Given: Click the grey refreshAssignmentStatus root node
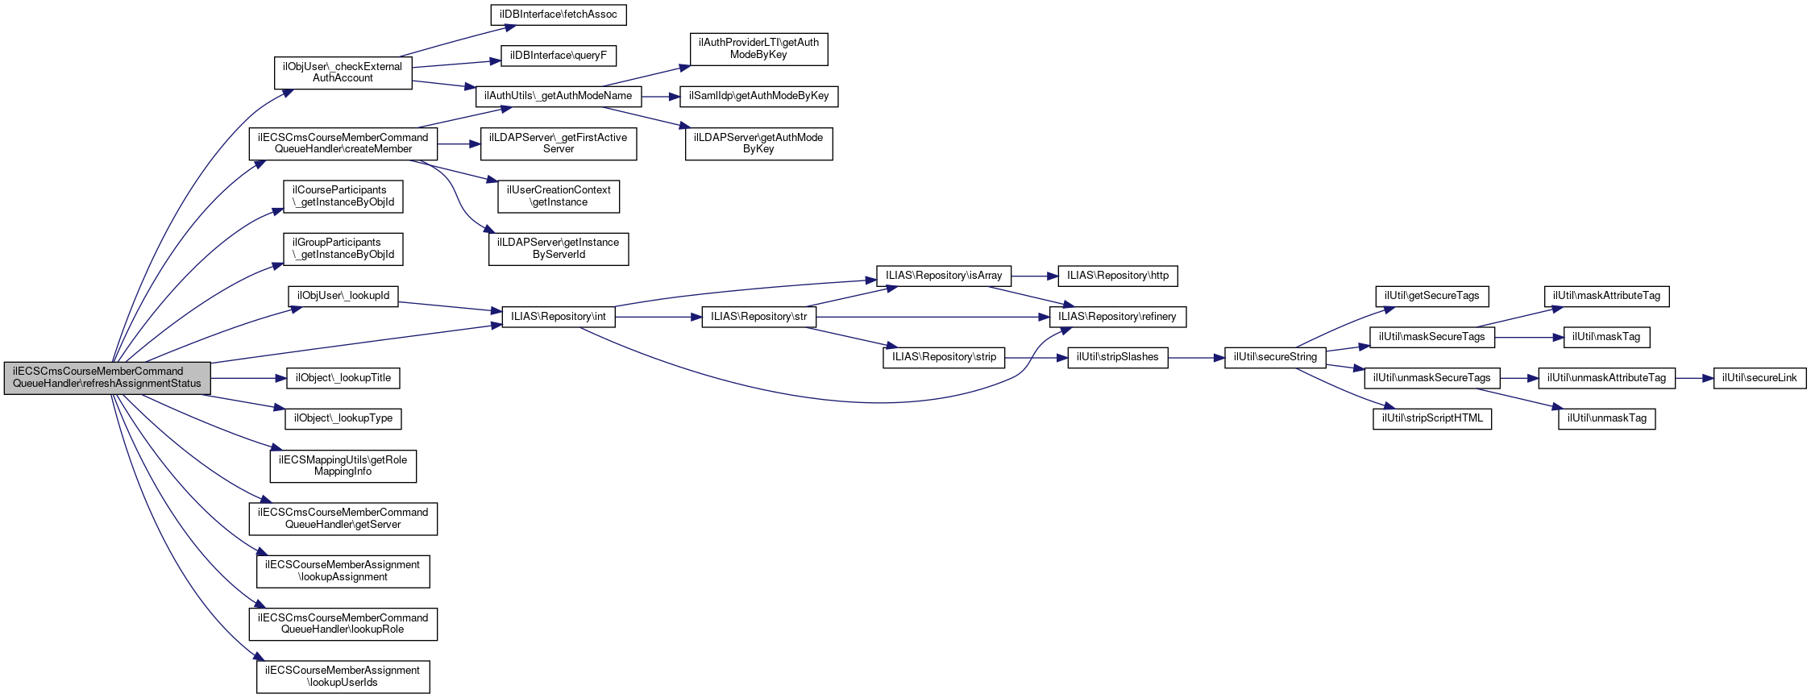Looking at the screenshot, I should (107, 378).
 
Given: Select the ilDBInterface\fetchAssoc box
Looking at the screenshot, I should (558, 15).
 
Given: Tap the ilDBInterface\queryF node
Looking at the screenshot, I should (558, 56).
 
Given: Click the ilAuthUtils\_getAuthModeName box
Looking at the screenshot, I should (558, 96).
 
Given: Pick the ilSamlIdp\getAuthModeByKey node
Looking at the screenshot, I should (758, 96).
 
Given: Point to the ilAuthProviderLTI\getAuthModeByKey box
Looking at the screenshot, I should (758, 49).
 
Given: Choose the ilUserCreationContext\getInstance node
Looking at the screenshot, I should (559, 196).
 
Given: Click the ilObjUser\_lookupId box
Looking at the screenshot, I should (343, 296).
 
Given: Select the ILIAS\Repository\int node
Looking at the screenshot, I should (558, 317).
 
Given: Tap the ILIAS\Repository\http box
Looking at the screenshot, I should (1117, 276).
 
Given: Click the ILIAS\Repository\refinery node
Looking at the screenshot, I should (1117, 317).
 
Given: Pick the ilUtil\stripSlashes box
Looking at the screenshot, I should (1117, 357).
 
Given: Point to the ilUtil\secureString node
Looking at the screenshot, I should (1275, 357).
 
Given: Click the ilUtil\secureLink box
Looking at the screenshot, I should (1759, 378).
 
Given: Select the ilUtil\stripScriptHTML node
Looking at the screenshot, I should (1432, 418).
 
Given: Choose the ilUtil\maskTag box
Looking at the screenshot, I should (1606, 337).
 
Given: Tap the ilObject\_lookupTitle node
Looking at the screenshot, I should (343, 378).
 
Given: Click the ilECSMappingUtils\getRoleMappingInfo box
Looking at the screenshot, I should (343, 466).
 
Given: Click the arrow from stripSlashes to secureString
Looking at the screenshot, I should (1196, 358).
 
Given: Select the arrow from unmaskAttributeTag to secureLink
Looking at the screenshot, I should (1694, 378).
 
